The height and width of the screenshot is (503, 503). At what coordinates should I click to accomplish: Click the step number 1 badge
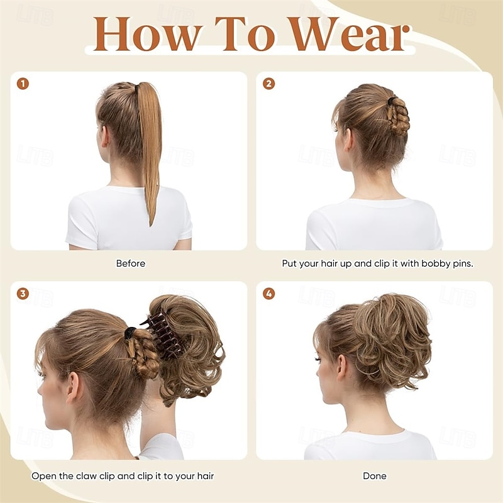(x=23, y=84)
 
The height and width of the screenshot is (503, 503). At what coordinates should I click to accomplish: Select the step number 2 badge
(x=268, y=84)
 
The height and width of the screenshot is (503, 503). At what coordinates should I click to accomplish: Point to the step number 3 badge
(x=23, y=294)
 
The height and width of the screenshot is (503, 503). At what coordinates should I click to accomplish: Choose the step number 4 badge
(x=268, y=294)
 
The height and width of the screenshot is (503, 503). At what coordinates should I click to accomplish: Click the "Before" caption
(x=131, y=263)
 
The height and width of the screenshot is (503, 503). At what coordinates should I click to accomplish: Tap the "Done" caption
(x=375, y=476)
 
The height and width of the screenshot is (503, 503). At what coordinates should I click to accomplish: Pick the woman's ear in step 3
(x=74, y=387)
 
